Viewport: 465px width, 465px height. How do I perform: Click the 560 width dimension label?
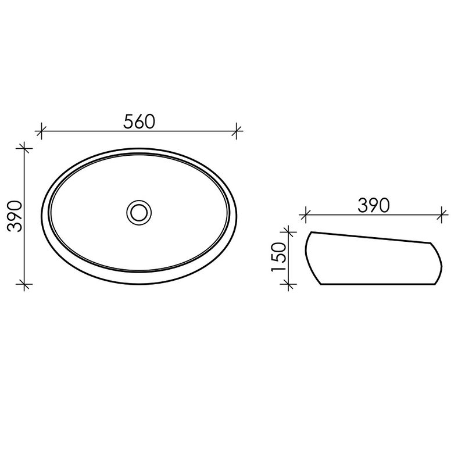pos(139,121)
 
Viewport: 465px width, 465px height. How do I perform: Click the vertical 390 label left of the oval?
pos(15,216)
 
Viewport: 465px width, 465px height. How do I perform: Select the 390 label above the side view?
pos(373,206)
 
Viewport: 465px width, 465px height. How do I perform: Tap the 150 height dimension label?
pos(279,257)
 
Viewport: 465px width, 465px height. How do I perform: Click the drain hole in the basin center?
pos(139,212)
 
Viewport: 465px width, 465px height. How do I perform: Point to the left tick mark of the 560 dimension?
pos(41,131)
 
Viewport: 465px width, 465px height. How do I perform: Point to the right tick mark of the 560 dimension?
pos(237,131)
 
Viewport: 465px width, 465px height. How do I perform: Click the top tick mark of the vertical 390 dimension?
pos(24,148)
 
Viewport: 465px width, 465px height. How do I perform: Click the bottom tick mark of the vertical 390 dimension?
pos(24,284)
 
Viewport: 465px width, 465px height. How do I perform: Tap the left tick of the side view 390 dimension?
pos(305,214)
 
